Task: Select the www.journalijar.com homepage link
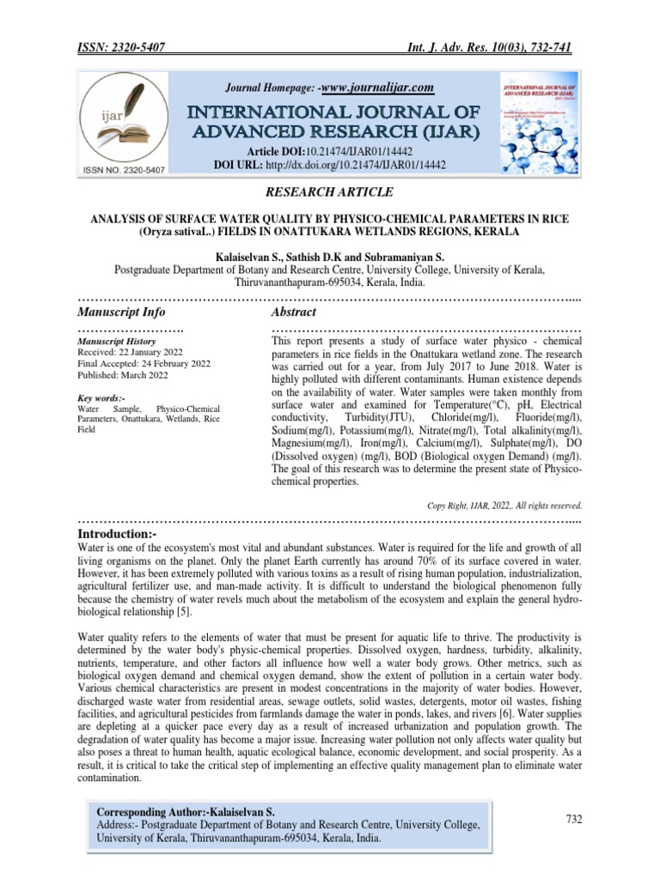pos(375,88)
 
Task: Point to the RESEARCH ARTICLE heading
pos(330,191)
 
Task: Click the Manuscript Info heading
pos(121,312)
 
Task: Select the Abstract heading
pos(293,312)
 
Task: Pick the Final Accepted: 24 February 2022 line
pos(144,364)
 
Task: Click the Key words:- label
pos(101,398)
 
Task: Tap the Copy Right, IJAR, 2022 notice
pos(504,505)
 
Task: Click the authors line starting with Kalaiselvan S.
pos(330,256)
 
